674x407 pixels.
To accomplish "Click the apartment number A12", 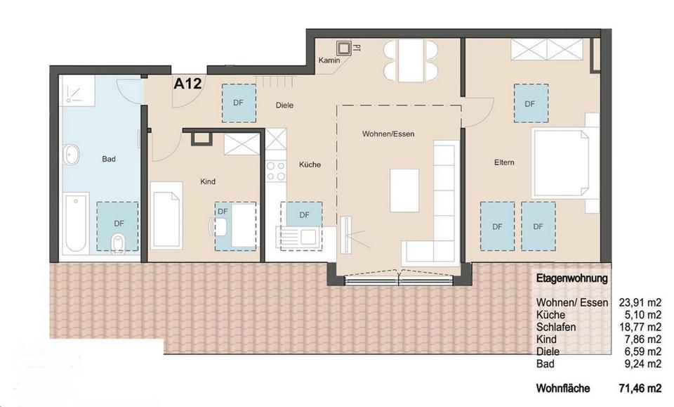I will coord(187,84).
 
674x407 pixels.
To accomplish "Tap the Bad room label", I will coord(108,159).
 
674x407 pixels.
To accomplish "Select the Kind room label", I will coord(208,181).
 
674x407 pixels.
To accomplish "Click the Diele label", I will coord(284,105).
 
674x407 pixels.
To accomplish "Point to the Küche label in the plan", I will coord(310,164).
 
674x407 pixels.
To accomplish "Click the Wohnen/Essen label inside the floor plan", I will coord(384,134).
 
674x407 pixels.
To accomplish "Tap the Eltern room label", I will coord(504,163).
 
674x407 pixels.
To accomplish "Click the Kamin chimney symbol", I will coord(344,49).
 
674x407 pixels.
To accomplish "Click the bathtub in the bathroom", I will coord(75,224).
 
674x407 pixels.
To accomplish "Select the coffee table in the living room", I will coord(404,190).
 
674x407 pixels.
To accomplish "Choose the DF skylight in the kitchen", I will coord(304,215).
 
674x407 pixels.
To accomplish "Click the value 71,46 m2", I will coord(640,388).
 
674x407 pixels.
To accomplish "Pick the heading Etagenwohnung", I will coord(571,278).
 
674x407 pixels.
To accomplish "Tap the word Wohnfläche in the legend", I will coord(563,388).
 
